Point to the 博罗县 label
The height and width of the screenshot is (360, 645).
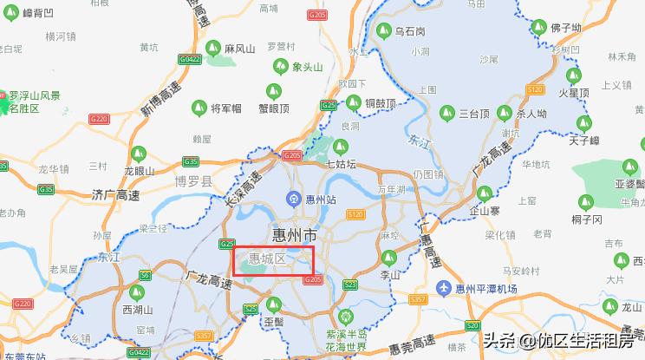(x=193, y=182)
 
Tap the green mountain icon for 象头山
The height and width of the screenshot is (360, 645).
(x=280, y=66)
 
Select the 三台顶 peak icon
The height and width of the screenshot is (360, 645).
(x=447, y=113)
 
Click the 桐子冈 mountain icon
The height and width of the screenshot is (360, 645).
(x=584, y=201)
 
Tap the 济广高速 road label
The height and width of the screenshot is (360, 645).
(x=114, y=197)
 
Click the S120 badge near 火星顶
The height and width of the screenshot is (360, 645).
(x=535, y=89)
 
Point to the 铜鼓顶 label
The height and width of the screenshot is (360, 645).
(x=380, y=104)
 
